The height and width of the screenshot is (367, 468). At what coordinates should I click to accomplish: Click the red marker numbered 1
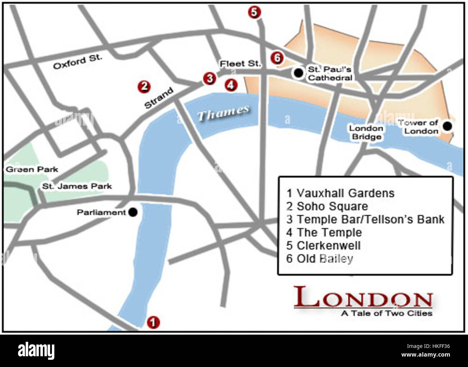click(x=153, y=322)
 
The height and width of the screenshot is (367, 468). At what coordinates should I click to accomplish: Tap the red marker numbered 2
click(x=144, y=87)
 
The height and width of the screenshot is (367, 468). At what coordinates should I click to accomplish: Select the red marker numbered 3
click(x=209, y=78)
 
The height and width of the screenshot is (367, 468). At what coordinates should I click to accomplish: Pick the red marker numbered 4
click(x=231, y=85)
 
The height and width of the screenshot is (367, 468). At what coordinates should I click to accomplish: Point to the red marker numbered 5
click(x=254, y=12)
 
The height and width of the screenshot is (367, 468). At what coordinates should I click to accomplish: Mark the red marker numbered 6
click(x=277, y=58)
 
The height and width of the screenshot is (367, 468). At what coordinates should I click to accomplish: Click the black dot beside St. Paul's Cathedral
click(x=298, y=73)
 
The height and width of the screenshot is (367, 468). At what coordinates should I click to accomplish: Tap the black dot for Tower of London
click(x=447, y=126)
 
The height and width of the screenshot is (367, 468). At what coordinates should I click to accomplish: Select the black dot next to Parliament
click(x=133, y=212)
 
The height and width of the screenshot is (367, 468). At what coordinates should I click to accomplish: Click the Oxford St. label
click(x=77, y=62)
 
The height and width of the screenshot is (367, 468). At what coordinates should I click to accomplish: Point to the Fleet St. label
click(x=240, y=64)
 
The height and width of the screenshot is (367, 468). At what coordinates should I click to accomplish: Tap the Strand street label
click(x=159, y=98)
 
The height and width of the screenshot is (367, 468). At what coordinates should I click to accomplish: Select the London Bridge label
click(x=366, y=132)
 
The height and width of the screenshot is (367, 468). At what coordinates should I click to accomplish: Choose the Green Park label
click(x=32, y=169)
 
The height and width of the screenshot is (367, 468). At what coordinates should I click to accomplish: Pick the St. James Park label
click(x=77, y=186)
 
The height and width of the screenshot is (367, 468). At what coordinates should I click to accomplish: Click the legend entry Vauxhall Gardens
click(x=340, y=193)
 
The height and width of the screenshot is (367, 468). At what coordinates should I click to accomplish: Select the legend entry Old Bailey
click(x=320, y=259)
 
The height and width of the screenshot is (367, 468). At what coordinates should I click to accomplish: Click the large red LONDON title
click(x=363, y=298)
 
